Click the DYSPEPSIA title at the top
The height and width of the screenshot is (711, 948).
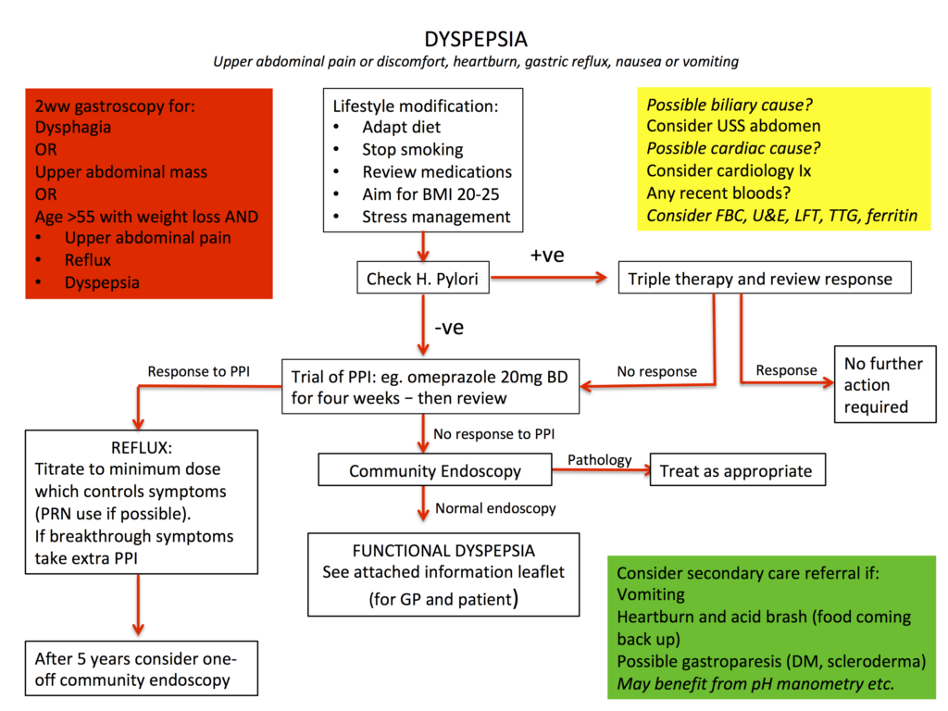[476, 39]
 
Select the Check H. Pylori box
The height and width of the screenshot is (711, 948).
[423, 278]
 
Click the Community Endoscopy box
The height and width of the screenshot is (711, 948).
[434, 470]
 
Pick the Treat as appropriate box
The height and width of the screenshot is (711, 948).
[737, 470]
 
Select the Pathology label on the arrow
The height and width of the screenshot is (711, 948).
[599, 459]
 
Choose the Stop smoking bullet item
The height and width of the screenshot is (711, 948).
[412, 150]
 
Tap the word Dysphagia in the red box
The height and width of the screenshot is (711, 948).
[74, 128]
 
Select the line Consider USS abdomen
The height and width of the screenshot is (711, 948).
[733, 126]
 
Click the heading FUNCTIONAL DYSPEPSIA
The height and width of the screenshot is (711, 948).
[443, 550]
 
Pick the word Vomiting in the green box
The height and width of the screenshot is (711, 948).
[651, 594]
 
